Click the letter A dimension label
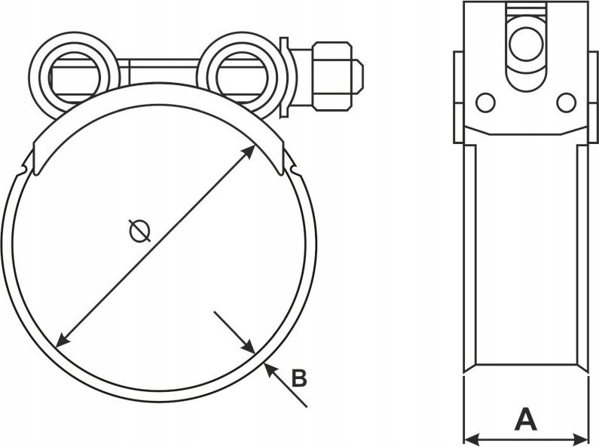pos(526,419)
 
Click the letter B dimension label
pos(299,378)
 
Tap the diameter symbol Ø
pos(139,231)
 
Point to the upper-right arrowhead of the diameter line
pos(249,151)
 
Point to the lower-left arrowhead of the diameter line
pos(63,341)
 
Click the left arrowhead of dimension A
pos(471,438)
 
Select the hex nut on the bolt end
pos(332,76)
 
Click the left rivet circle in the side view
pos(485,103)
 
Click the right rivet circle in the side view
pos(566,103)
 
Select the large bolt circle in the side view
pos(526,44)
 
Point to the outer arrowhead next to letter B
pos(270,369)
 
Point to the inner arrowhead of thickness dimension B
pos(249,347)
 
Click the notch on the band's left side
pos(25,168)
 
